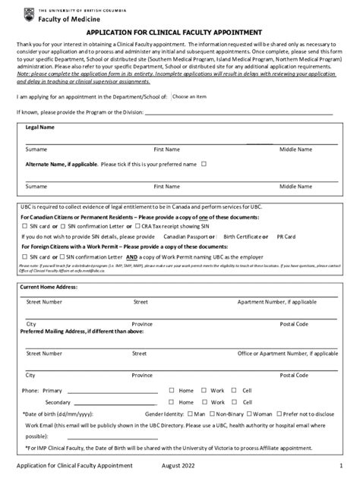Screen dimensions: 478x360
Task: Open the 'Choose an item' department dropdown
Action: tap(189, 97)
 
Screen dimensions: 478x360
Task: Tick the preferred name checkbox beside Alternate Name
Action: tap(204, 164)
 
